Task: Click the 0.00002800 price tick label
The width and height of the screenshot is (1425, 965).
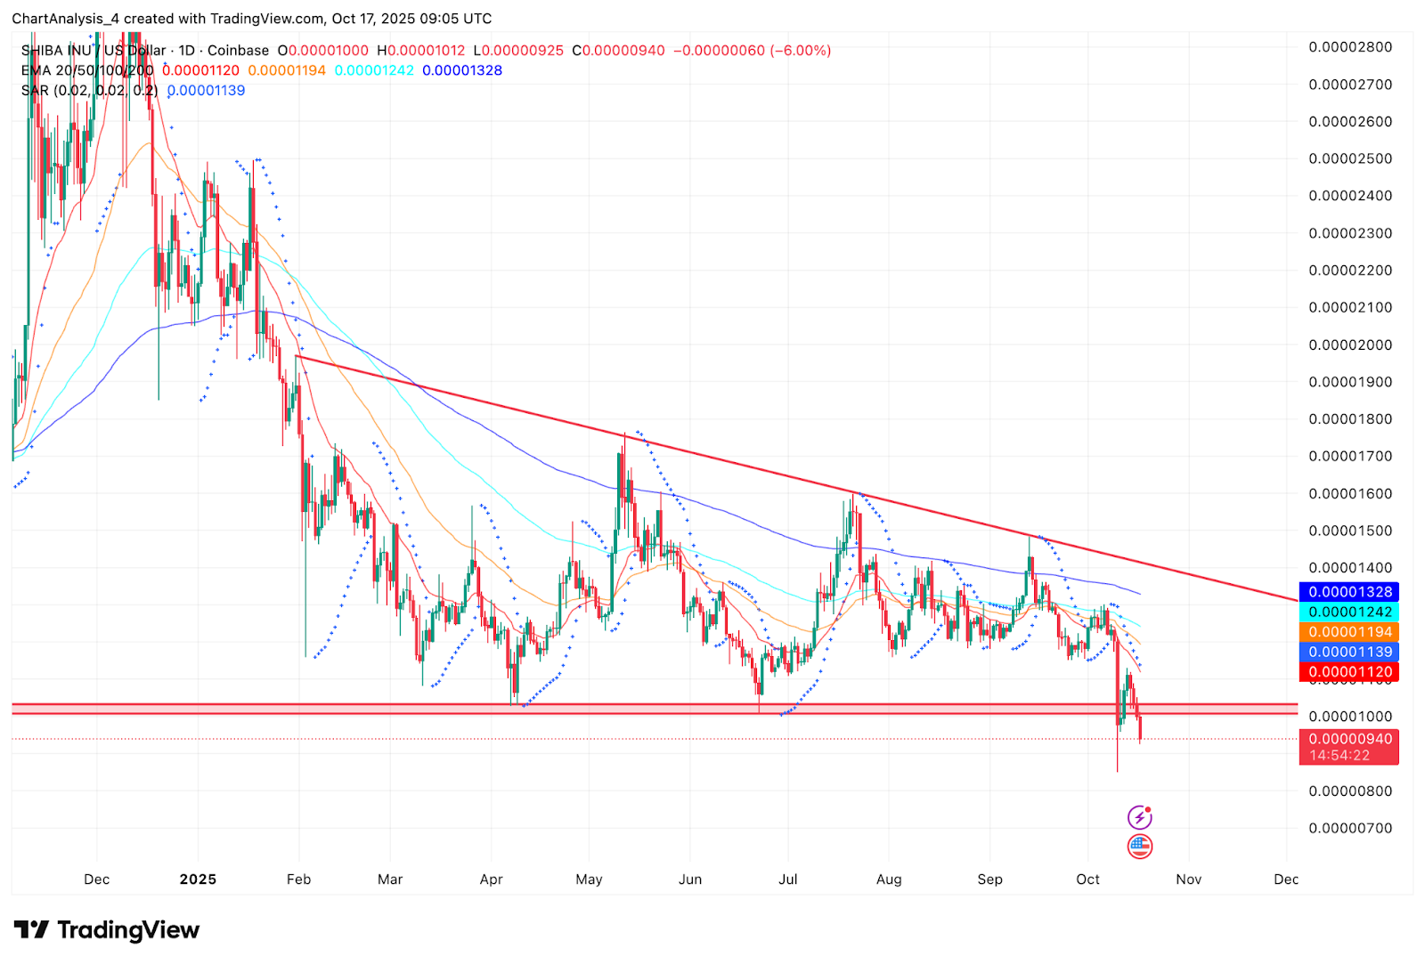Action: (1350, 47)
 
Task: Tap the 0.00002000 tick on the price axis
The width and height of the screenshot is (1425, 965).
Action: (1350, 345)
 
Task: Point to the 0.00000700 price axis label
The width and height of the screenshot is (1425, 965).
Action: (1350, 828)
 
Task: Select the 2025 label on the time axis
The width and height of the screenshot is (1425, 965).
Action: (198, 880)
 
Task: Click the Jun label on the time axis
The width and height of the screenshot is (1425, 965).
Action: (690, 880)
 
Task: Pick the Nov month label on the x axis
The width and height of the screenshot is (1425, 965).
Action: (1188, 880)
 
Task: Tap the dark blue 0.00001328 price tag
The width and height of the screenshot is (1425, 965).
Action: (1349, 592)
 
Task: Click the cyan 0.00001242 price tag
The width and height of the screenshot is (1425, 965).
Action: (1349, 612)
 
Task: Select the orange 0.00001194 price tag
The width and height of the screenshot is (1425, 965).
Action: (1349, 632)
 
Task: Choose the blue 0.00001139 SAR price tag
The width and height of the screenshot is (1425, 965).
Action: (1349, 652)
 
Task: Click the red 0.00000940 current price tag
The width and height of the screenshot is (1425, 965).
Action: (1349, 739)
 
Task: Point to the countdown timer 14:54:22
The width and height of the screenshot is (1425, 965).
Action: (1339, 756)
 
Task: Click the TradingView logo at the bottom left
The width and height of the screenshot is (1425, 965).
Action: (107, 930)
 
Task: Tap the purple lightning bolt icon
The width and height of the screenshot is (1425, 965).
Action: (1140, 817)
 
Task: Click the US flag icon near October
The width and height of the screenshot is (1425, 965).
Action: (1140, 846)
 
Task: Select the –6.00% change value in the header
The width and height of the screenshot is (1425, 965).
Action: (802, 51)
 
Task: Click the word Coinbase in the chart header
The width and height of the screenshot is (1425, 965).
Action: (238, 51)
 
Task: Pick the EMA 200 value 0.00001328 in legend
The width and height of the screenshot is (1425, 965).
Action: (462, 70)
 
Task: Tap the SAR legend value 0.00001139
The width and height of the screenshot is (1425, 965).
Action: (206, 91)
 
